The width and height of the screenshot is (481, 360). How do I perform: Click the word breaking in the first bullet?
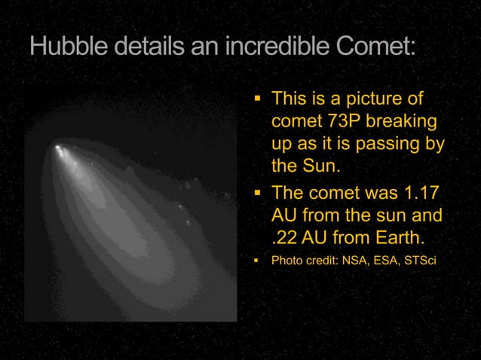[x=403, y=121]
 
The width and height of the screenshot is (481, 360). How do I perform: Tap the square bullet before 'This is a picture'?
[x=256, y=99]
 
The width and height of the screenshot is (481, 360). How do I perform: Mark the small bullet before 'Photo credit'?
[x=256, y=261]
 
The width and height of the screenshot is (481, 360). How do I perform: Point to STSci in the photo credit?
[x=420, y=261]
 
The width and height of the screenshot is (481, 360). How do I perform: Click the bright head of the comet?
[x=58, y=148]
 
